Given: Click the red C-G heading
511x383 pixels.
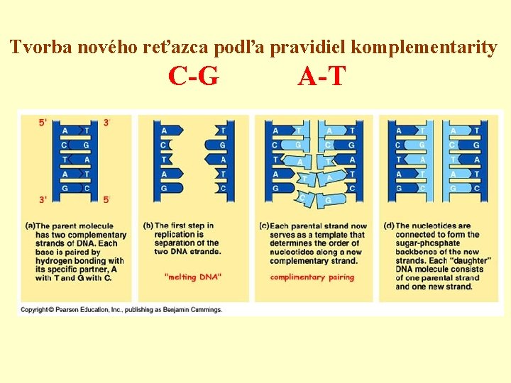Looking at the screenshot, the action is point(194,75).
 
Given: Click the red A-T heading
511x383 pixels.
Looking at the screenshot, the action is point(322,75).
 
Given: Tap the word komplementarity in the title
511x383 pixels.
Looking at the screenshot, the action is point(424,48).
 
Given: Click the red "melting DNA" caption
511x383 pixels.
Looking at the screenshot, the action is point(192,277).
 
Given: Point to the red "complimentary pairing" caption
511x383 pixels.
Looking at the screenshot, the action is point(312,277).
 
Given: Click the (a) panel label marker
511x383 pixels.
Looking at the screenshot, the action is point(30,226).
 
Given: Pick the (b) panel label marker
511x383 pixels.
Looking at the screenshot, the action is point(148,226).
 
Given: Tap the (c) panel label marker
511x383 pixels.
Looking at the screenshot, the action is point(264,226).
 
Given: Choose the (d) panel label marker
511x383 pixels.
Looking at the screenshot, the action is point(389,226).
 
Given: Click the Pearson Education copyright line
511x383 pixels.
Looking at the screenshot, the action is point(121,309).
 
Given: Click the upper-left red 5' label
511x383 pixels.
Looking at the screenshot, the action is point(43,122).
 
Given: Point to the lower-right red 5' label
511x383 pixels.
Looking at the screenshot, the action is point(106,199).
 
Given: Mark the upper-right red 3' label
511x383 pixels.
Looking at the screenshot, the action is point(106,122).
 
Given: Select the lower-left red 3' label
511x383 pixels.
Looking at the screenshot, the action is point(43,199).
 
